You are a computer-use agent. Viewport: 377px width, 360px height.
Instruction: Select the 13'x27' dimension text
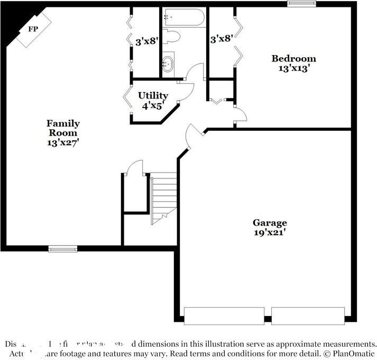pyautogui.click(x=63, y=142)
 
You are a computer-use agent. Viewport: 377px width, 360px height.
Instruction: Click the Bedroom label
pyautogui.click(x=293, y=58)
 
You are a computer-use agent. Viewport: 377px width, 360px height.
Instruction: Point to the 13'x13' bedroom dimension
pyautogui.click(x=293, y=68)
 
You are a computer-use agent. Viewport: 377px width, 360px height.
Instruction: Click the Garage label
pyautogui.click(x=270, y=223)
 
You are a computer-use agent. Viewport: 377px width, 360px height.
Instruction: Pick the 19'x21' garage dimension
pyautogui.click(x=270, y=232)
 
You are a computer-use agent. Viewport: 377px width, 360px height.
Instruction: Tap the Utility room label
pyautogui.click(x=153, y=95)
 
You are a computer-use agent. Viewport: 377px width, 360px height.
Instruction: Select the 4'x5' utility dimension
pyautogui.click(x=153, y=105)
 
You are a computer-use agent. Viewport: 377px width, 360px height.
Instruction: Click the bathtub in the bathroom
pyautogui.click(x=183, y=17)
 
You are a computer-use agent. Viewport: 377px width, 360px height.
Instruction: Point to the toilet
pyautogui.click(x=172, y=37)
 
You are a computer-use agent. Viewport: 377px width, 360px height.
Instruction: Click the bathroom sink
pyautogui.click(x=168, y=64)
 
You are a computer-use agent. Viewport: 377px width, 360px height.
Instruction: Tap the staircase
pyautogui.click(x=163, y=196)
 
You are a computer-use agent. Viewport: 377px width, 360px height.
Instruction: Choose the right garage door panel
pyautogui.click(x=308, y=316)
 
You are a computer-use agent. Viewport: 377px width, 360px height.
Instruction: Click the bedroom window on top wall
pyautogui.click(x=301, y=4)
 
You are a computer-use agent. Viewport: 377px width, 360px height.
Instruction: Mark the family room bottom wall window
pyautogui.click(x=62, y=249)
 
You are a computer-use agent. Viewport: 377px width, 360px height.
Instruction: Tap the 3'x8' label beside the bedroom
pyautogui.click(x=222, y=39)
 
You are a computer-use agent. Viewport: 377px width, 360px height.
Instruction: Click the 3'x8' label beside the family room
pyautogui.click(x=146, y=41)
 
